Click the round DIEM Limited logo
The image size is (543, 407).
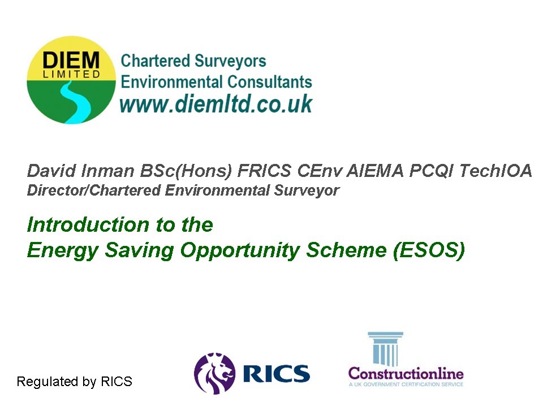71,80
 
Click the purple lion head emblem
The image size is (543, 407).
214,374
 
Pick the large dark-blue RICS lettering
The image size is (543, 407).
276,374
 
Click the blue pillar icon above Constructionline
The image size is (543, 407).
385,348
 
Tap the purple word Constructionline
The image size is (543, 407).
406,374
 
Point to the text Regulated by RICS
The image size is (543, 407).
74,382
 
